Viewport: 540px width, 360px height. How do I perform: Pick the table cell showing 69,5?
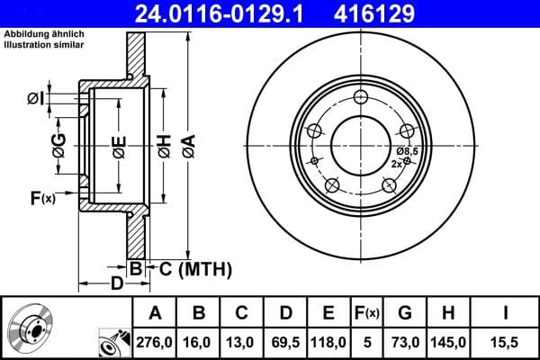click(x=285, y=343)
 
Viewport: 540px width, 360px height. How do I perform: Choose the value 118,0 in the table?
click(x=328, y=343)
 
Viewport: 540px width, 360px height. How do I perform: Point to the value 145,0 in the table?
click(x=448, y=343)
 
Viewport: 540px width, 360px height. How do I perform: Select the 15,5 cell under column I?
click(x=504, y=343)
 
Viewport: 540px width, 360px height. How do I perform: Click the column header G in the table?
click(x=405, y=312)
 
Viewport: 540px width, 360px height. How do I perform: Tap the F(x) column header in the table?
click(x=367, y=312)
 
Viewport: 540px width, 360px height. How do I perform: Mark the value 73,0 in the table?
click(x=405, y=343)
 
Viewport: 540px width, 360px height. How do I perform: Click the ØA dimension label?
click(x=187, y=143)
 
